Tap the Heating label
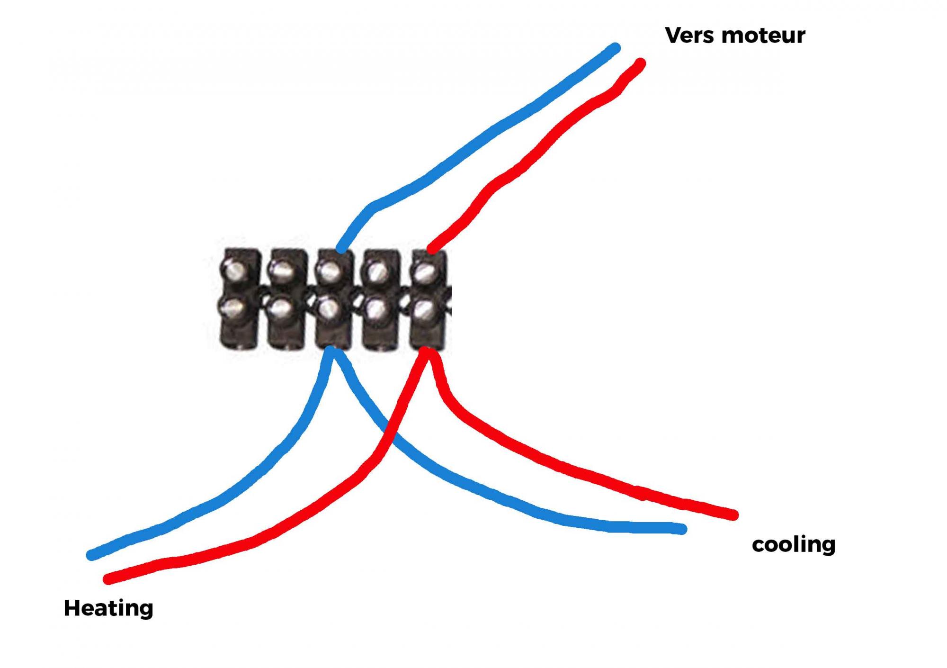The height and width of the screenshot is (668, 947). (108, 608)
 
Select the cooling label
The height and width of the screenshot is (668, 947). (794, 544)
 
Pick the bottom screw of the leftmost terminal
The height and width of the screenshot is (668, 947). (233, 309)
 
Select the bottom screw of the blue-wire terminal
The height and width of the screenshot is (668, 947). (328, 309)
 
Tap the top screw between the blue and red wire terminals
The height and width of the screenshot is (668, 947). (377, 271)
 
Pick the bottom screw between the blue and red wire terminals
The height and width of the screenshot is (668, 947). (376, 309)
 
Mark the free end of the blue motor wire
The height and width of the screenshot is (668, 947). (615, 48)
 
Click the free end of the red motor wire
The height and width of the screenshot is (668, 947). (641, 63)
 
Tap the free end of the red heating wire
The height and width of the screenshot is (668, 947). (108, 579)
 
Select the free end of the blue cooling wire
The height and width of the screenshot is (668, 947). (682, 529)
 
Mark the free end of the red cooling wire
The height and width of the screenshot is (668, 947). (733, 515)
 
